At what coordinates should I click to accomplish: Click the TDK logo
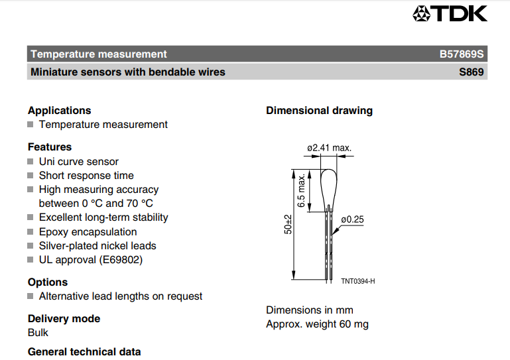[450, 14]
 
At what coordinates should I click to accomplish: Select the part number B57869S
[462, 54]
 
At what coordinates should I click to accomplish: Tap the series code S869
[472, 72]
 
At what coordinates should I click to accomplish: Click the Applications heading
[60, 111]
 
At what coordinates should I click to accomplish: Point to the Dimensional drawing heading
[320, 111]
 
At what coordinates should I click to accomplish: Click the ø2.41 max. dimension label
[329, 148]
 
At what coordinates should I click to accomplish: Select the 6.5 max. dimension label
[301, 190]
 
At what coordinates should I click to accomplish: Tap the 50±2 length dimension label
[288, 224]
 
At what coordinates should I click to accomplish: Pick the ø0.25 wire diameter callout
[352, 219]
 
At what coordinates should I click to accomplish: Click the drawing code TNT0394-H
[357, 281]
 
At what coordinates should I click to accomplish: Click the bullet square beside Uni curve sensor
[31, 161]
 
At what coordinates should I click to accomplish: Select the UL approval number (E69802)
[121, 260]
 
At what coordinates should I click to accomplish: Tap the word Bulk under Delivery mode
[38, 333]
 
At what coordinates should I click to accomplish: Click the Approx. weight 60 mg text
[317, 324]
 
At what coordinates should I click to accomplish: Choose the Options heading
[48, 282]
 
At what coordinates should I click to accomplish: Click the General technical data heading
[84, 352]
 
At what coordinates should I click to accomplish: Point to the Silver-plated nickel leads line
[97, 246]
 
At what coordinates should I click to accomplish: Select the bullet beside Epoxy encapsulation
[31, 231]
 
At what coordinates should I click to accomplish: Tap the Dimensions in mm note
[310, 310]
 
